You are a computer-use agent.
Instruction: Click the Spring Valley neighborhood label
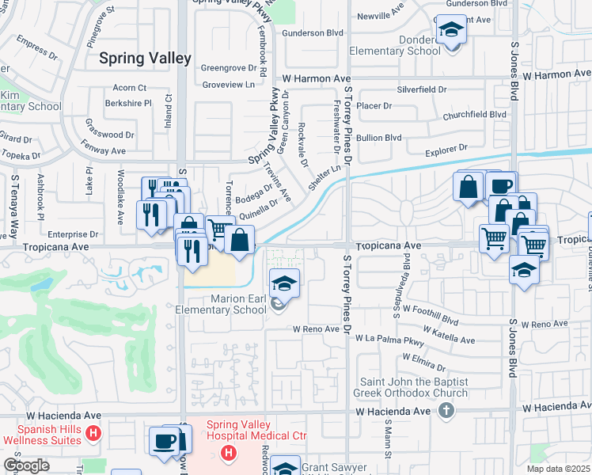[x=145, y=59]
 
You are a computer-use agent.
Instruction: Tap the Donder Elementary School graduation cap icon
[x=451, y=31]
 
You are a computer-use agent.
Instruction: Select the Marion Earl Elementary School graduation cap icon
[x=284, y=283]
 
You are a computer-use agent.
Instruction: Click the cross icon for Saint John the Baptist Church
[x=446, y=410]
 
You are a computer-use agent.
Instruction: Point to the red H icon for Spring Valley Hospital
[x=228, y=453]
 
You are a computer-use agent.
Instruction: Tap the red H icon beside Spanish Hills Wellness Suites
[x=93, y=433]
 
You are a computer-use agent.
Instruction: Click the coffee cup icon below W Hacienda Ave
[x=165, y=442]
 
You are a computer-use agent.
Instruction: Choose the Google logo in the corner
[x=26, y=465]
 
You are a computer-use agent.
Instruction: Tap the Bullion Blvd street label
[x=379, y=138]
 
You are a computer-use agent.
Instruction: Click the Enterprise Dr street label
[x=73, y=234]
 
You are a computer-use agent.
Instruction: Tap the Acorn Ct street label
[x=131, y=87]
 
